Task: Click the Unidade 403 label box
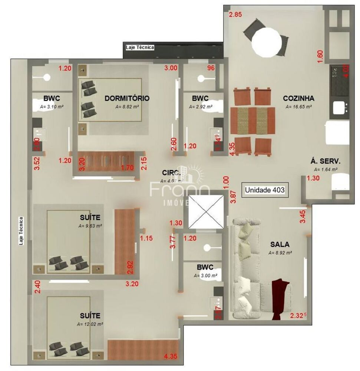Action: [x=265, y=190]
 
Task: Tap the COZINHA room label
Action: [x=298, y=98]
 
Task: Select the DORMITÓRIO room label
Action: [x=127, y=98]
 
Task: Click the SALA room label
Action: [x=280, y=244]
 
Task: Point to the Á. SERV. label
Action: [x=325, y=161]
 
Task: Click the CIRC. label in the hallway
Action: [x=172, y=173]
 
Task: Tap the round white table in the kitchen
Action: [x=266, y=42]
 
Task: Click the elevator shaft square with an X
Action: [x=206, y=211]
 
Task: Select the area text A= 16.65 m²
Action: [x=298, y=106]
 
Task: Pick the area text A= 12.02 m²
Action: [x=90, y=324]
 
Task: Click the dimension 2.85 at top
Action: [x=235, y=15]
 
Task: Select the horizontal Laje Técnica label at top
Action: [x=139, y=47]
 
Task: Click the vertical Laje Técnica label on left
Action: [x=22, y=231]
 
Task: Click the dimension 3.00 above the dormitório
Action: [x=171, y=68]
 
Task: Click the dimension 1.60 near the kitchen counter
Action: [x=320, y=56]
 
